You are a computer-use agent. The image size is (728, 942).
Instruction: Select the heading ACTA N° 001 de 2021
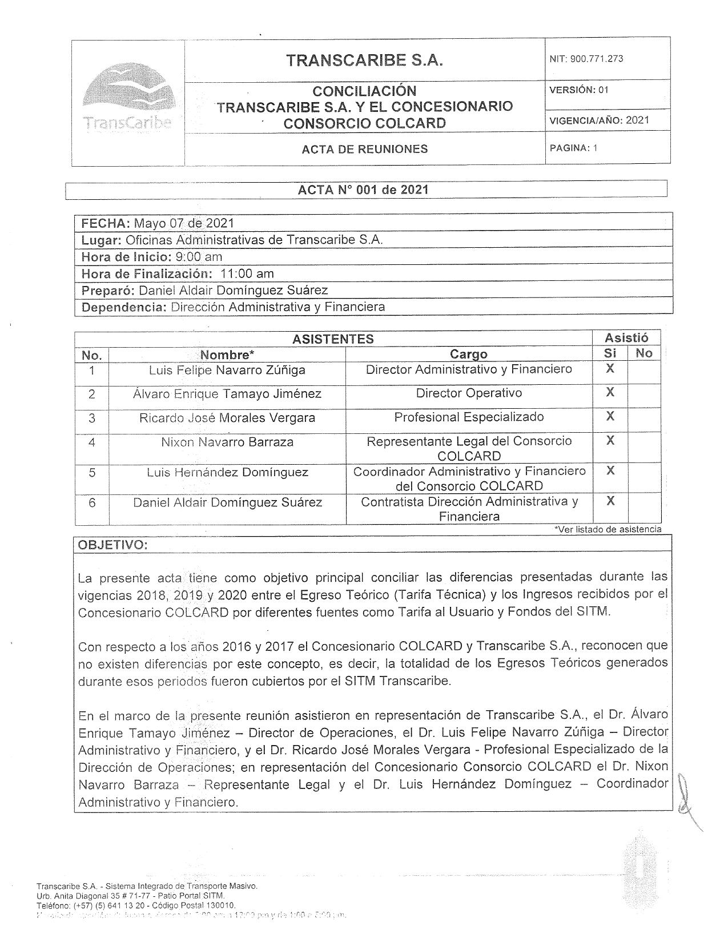click(363, 190)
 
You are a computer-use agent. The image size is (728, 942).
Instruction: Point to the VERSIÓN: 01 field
click(579, 90)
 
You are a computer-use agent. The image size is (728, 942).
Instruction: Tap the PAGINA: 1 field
click(573, 148)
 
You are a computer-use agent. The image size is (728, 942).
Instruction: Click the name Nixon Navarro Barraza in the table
click(227, 442)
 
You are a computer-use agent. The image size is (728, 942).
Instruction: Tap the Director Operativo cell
click(468, 393)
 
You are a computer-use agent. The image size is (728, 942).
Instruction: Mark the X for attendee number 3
click(610, 416)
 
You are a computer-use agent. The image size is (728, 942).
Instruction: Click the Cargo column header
click(468, 354)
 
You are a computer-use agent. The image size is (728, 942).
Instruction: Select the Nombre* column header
click(227, 355)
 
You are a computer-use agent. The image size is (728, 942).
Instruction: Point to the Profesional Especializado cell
click(468, 417)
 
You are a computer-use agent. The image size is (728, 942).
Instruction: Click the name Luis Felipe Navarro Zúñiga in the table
click(227, 370)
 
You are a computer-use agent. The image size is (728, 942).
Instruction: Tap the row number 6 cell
click(92, 502)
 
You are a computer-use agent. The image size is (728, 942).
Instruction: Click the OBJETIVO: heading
click(112, 545)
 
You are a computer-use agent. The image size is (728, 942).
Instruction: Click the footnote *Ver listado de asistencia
click(608, 529)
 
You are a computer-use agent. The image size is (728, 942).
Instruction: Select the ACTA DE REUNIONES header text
click(364, 149)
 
